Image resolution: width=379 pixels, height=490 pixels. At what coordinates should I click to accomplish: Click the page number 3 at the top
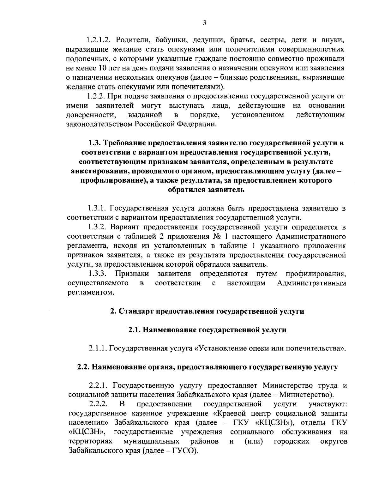coord(205,22)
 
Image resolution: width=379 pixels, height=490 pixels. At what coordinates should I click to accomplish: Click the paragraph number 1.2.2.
coord(97,96)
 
